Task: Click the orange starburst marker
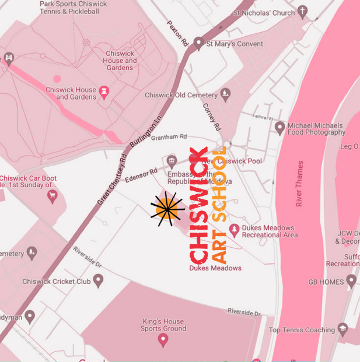click(167, 208)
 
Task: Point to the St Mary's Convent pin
click(198, 43)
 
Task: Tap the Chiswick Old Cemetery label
click(181, 95)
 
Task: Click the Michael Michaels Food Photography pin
click(279, 128)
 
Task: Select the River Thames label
click(300, 184)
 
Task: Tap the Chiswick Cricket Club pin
click(98, 281)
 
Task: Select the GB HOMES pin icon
click(351, 282)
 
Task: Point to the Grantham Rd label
click(169, 137)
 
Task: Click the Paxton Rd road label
click(179, 35)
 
